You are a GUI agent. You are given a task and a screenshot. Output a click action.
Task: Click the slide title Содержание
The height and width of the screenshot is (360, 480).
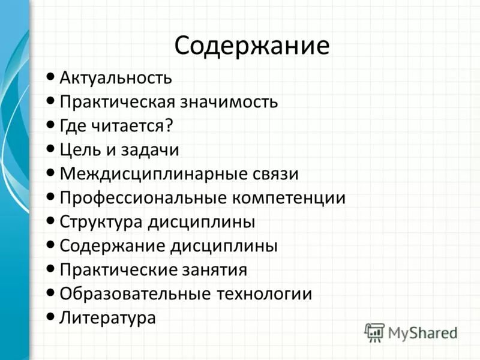252,46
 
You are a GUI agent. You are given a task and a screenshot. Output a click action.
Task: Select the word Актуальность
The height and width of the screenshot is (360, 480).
116,77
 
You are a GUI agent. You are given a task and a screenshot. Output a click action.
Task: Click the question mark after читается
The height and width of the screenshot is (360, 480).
169,125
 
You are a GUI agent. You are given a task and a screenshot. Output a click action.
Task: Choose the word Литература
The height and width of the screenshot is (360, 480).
107,317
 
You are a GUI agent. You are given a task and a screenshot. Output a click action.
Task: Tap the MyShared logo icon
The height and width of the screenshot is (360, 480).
374,331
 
